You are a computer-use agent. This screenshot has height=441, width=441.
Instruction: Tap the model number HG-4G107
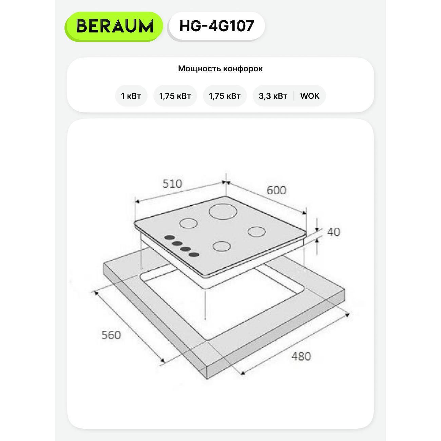tap(216, 26)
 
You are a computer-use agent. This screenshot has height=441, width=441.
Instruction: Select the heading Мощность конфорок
tap(220, 69)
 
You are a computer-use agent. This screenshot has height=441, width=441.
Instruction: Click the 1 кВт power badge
tap(131, 96)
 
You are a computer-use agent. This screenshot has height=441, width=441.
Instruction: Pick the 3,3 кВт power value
tap(273, 96)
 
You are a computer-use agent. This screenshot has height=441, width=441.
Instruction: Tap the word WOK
tap(310, 96)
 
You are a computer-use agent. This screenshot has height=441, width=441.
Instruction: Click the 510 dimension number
tap(172, 184)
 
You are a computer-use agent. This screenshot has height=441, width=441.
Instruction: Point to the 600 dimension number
tap(276, 190)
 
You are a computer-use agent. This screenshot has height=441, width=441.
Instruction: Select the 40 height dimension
tap(333, 232)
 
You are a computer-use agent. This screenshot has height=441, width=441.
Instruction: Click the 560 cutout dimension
tap(111, 335)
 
